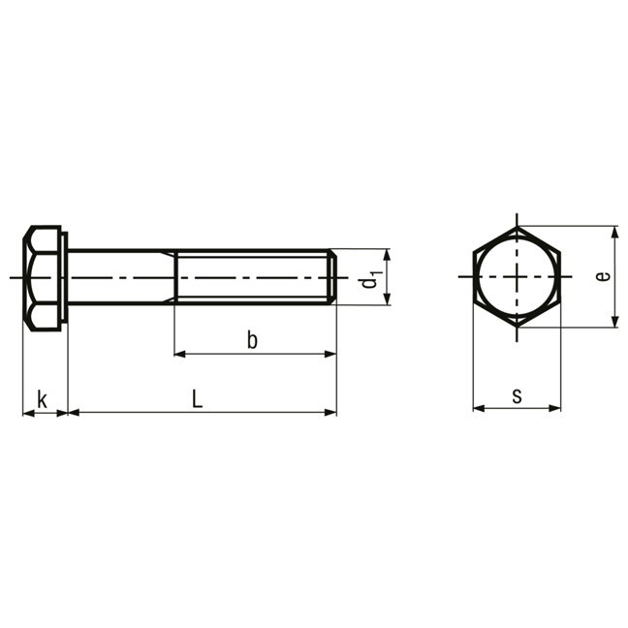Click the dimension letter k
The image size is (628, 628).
[42, 399]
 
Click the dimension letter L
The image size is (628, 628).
[197, 399]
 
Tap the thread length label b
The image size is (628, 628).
[252, 340]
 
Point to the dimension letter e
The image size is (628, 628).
[603, 276]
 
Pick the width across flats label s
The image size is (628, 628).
[518, 396]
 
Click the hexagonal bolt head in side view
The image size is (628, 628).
[42, 278]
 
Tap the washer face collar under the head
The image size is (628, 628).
[64, 278]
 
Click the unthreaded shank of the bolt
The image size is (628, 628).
[121, 277]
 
